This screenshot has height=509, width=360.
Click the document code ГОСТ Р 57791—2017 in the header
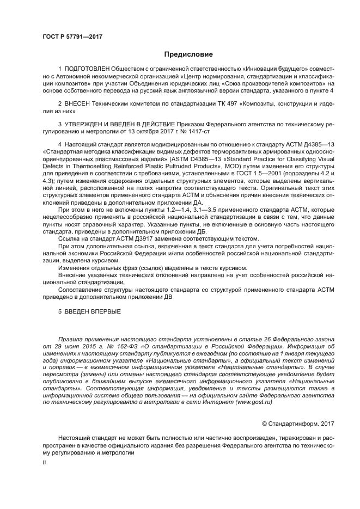coord(72,36)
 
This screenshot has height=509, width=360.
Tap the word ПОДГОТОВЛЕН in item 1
coord(87,70)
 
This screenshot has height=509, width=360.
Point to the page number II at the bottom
coord(44,462)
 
